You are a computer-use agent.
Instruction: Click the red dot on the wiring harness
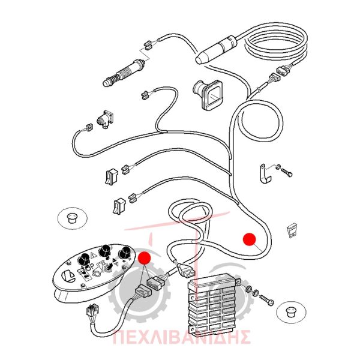250,239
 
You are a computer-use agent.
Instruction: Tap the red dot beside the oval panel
144,257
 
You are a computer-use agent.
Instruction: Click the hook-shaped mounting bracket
265,173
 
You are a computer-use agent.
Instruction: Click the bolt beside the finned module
267,300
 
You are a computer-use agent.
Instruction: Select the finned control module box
213,302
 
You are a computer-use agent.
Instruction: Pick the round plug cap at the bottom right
292,312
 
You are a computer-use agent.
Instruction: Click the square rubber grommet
209,94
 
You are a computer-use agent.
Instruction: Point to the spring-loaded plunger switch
123,73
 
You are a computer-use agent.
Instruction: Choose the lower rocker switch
119,206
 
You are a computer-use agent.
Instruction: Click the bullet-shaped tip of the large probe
202,58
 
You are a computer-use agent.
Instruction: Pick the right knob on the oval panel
124,253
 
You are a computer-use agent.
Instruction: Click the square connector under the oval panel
93,310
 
